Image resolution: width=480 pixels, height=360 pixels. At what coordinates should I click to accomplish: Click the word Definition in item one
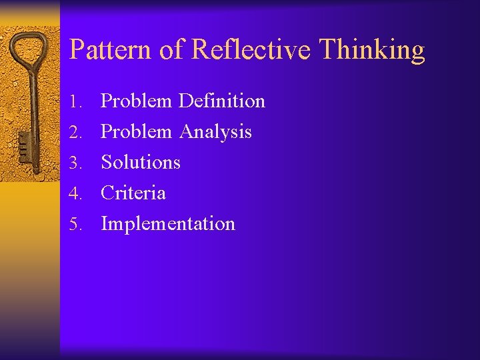(222, 101)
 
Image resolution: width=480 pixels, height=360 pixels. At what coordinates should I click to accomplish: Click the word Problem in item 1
(136, 101)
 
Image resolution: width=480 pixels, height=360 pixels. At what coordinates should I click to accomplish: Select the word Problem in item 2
(136, 132)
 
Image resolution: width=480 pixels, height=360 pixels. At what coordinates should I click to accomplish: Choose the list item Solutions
(141, 163)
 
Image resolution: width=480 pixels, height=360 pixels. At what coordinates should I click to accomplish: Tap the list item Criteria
(133, 193)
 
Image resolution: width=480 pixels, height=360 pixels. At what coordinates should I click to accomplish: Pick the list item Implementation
(168, 225)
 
